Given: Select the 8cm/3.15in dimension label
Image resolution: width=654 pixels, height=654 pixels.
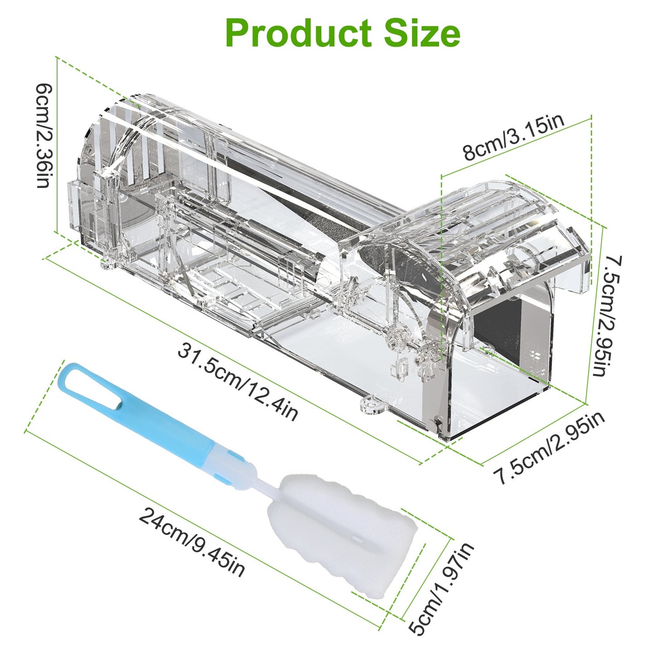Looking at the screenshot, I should [x=514, y=138].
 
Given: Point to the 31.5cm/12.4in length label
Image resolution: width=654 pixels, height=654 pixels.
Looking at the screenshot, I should [x=238, y=383].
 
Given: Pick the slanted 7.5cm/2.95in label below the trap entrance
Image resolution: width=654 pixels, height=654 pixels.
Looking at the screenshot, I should [x=550, y=448].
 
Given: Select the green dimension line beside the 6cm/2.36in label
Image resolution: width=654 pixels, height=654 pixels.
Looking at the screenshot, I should [x=57, y=145].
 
